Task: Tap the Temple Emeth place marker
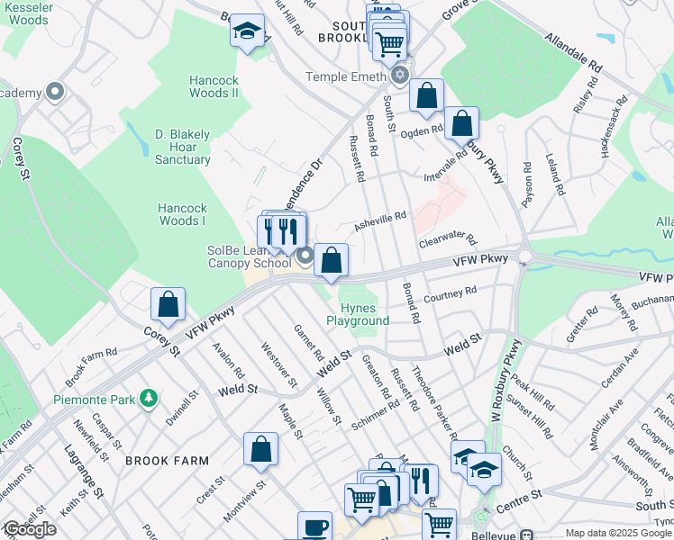400,76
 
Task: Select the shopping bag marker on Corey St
168,305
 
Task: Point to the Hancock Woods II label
214,86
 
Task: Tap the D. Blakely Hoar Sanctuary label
182,148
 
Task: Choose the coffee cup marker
314,527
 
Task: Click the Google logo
29,529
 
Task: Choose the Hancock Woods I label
183,214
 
